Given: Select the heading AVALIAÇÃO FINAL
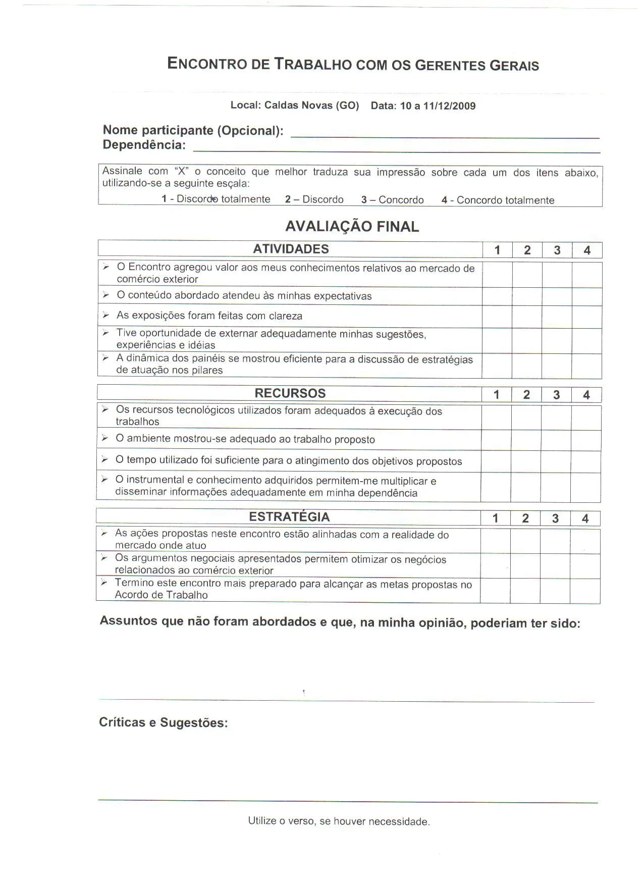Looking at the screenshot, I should click(352, 227).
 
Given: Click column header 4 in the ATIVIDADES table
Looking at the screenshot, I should click(586, 250).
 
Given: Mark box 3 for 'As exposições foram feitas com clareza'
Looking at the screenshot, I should click(557, 317).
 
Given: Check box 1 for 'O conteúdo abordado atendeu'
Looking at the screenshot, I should click(497, 296).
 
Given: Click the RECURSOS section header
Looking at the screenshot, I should click(290, 393).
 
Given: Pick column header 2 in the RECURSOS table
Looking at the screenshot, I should click(526, 395).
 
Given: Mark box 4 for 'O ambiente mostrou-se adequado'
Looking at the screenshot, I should click(585, 440).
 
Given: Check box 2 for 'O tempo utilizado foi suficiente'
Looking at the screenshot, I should click(526, 461).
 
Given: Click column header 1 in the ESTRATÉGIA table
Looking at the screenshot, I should click(495, 518).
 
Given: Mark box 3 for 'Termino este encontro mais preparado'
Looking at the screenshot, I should click(555, 590).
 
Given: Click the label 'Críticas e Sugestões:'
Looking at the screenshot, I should click(163, 722).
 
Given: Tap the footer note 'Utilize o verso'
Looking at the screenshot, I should click(339, 821).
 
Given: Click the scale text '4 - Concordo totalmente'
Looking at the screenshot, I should click(498, 200).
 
